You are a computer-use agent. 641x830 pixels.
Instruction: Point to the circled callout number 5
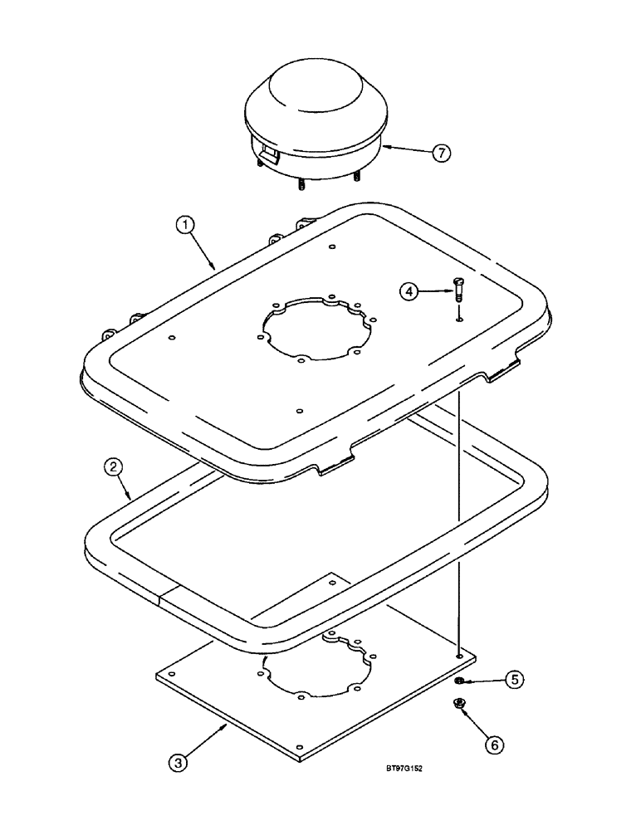tap(515, 679)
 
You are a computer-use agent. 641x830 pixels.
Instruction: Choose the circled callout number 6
tap(494, 745)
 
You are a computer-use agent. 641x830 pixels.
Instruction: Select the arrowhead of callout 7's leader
tap(383, 149)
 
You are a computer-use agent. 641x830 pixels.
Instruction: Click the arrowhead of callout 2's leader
tap(134, 497)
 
